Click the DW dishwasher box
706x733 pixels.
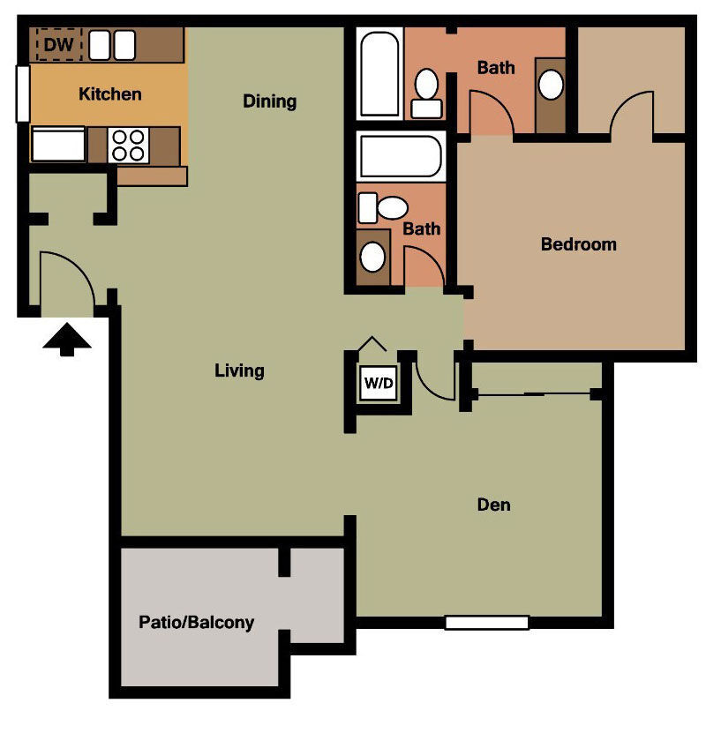pyautogui.click(x=58, y=44)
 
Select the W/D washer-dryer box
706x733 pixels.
pyautogui.click(x=379, y=384)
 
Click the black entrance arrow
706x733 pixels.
pyautogui.click(x=67, y=340)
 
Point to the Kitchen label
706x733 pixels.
pyautogui.click(x=110, y=93)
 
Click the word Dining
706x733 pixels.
pyautogui.click(x=270, y=101)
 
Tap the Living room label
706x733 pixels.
pyautogui.click(x=240, y=370)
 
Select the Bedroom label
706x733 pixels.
pyautogui.click(x=579, y=244)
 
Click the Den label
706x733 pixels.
pyautogui.click(x=494, y=505)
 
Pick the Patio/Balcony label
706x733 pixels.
pyautogui.click(x=197, y=623)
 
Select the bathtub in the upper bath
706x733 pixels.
pyautogui.click(x=380, y=74)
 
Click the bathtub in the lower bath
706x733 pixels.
pyautogui.click(x=402, y=157)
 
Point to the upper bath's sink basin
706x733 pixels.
pyautogui.click(x=551, y=86)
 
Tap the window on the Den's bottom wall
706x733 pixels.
pyautogui.click(x=486, y=623)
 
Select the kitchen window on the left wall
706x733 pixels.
pyautogui.click(x=22, y=93)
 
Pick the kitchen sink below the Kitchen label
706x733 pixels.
pyautogui.click(x=58, y=145)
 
